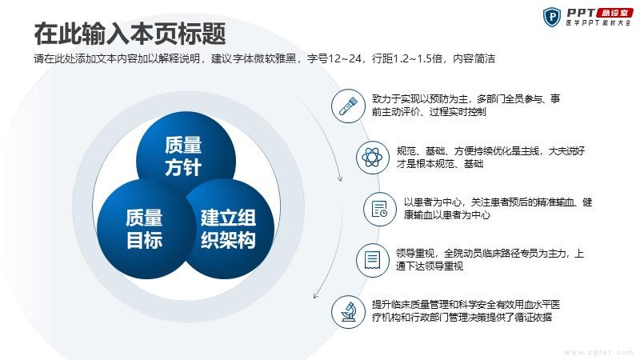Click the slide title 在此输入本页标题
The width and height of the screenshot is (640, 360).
click(130, 34)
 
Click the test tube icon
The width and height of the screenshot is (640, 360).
click(348, 106)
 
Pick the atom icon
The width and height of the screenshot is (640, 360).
click(372, 158)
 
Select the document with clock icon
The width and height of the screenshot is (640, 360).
click(380, 209)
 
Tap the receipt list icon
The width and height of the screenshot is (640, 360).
click(372, 261)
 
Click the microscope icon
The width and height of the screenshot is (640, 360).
click(348, 312)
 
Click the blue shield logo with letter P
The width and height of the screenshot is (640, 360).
click(552, 17)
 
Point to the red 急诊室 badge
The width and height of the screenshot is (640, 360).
click(615, 13)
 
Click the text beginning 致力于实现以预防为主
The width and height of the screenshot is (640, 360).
click(466, 106)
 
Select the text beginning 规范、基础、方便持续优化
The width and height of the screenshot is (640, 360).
click(490, 158)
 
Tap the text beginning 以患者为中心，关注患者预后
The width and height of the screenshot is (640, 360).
click(498, 209)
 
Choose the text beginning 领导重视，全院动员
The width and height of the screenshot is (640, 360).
click(490, 260)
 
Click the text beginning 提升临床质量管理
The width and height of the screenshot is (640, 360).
click(466, 311)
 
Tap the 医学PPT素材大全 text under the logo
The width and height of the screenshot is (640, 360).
click(598, 23)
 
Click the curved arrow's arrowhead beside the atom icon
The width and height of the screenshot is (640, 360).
click(339, 178)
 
